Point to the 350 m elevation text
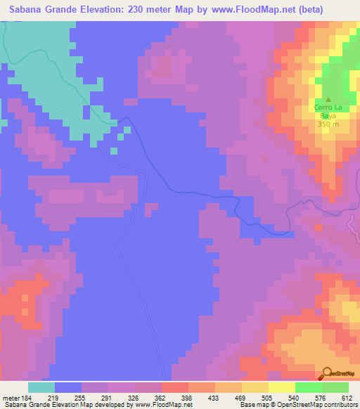point(328,124)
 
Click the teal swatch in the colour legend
point(41,387)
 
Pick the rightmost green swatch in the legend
point(335,387)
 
